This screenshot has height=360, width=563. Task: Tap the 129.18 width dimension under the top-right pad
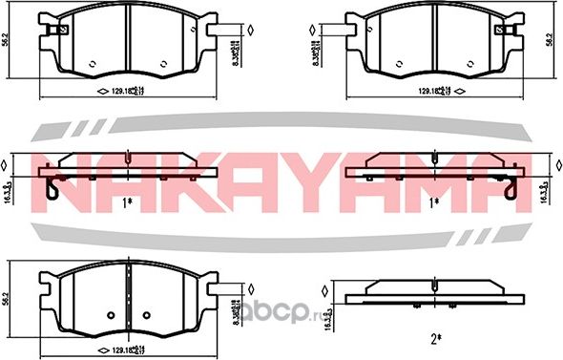(433, 93)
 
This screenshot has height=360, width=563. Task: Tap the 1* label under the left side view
(128, 201)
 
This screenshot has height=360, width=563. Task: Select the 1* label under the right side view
(435, 201)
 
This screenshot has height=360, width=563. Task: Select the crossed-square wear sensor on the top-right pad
(499, 28)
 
